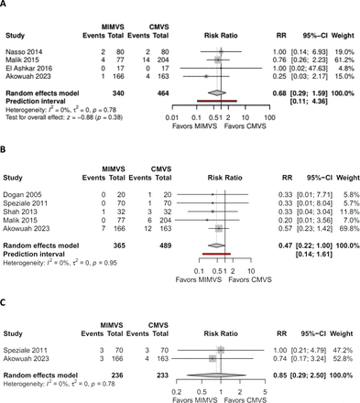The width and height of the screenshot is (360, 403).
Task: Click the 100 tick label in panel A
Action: [x=256, y=118]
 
